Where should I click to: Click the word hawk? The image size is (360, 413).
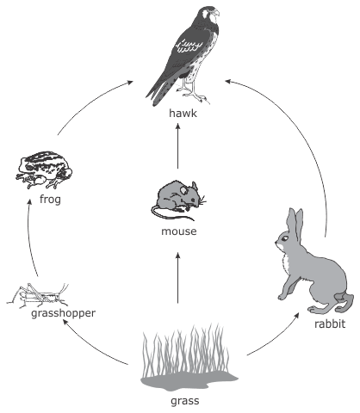pyautogui.click(x=183, y=113)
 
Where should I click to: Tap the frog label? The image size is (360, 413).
pyautogui.click(x=50, y=199)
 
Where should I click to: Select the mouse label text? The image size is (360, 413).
pyautogui.click(x=179, y=231)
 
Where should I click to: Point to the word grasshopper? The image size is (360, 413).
pyautogui.click(x=63, y=313)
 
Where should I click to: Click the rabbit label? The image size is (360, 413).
pyautogui.click(x=330, y=324)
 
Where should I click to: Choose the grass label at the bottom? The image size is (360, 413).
pyautogui.click(x=184, y=401)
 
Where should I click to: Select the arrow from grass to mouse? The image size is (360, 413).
pyautogui.click(x=177, y=278)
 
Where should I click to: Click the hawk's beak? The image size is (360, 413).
pyautogui.click(x=216, y=12)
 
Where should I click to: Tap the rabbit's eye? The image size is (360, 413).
pyautogui.click(x=284, y=238)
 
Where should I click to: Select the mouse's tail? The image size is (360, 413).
pyautogui.click(x=170, y=213)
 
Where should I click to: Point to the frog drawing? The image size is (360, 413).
pyautogui.click(x=44, y=170)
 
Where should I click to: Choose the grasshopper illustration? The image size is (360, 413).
pyautogui.click(x=38, y=296)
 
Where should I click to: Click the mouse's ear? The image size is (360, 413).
pyautogui.click(x=183, y=189)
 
